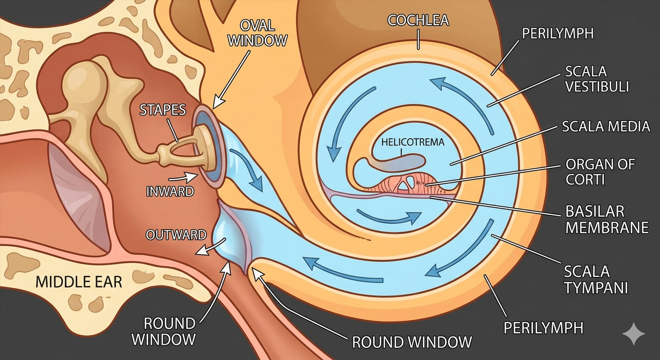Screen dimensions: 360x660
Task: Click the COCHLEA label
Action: click(x=418, y=20)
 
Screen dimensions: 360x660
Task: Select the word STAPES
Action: click(x=163, y=110)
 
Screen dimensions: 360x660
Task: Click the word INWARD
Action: click(x=170, y=191)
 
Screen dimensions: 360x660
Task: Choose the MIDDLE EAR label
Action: click(x=79, y=282)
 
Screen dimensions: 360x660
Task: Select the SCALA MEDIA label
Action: click(x=606, y=126)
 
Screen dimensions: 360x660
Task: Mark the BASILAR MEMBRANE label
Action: click(x=607, y=219)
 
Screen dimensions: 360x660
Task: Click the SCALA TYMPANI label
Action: click(x=595, y=279)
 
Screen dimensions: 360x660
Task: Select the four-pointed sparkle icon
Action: click(x=633, y=333)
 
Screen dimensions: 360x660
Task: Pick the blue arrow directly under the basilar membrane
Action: click(x=389, y=217)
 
